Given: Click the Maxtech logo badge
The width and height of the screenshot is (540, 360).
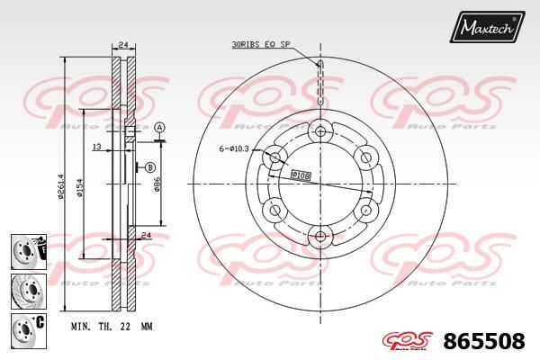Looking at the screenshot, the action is pyautogui.click(x=487, y=26).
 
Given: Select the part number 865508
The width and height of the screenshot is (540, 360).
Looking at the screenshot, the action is pyautogui.click(x=484, y=341).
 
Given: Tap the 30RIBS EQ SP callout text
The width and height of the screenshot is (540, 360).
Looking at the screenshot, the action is pyautogui.click(x=261, y=44).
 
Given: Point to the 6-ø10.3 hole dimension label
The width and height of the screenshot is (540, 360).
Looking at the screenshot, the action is pyautogui.click(x=234, y=148).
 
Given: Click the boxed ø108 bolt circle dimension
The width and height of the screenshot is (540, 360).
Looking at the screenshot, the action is pyautogui.click(x=301, y=175).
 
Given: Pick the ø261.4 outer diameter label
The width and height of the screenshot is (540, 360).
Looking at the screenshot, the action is pyautogui.click(x=61, y=186).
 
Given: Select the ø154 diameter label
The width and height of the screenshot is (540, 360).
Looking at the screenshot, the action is pyautogui.click(x=79, y=188).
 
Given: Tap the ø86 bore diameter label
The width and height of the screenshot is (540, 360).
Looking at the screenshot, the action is pyautogui.click(x=157, y=184).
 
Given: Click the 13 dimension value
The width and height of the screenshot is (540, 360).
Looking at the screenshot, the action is pyautogui.click(x=97, y=147).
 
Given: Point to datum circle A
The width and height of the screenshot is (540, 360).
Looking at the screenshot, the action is pyautogui.click(x=159, y=128).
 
